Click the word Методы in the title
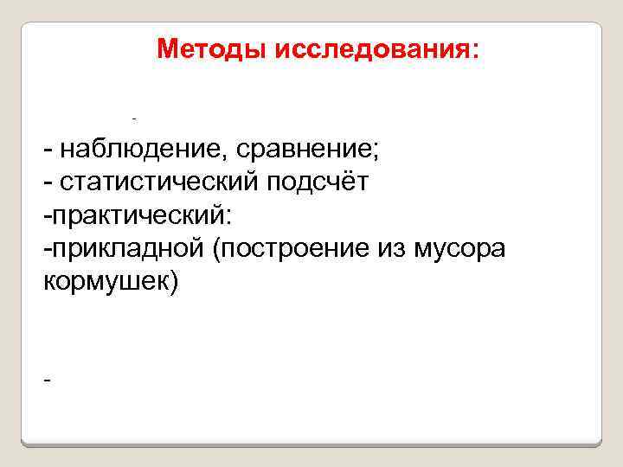tap(212, 49)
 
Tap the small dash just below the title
tap(134, 116)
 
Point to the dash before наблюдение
tap(47, 151)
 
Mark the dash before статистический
tap(47, 183)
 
